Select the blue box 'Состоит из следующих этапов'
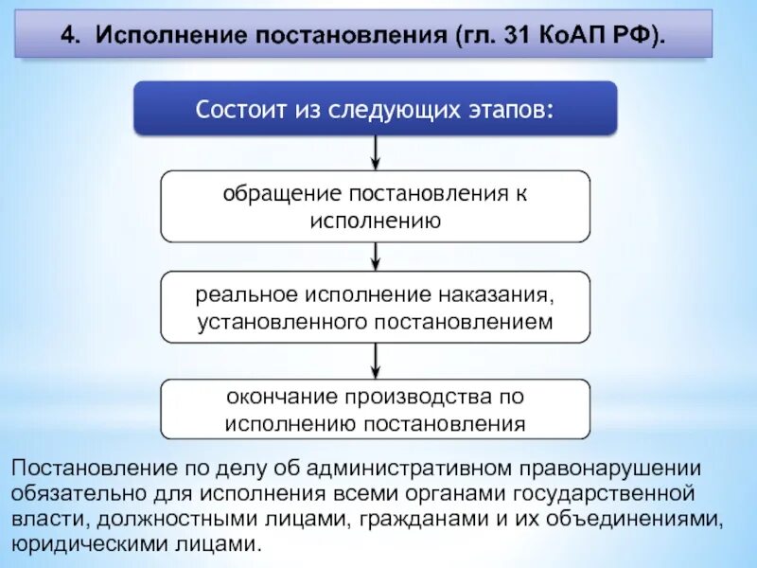376,108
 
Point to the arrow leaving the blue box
377,151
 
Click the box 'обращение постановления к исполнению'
376,206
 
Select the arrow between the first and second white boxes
377,256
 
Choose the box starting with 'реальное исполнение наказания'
376,307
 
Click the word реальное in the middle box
241,294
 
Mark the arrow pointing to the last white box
377,360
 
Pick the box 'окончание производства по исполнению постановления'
376,409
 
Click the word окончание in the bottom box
279,396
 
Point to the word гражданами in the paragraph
409,520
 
